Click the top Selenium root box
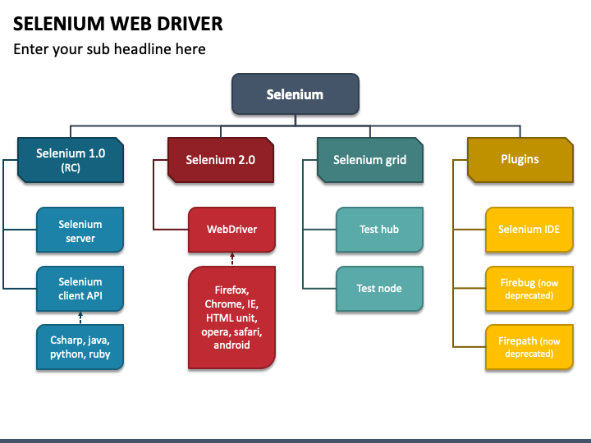295,94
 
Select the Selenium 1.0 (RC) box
71,159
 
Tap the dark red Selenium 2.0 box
220,159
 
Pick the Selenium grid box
369,159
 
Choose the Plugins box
520,159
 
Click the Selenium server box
80,231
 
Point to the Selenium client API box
80,289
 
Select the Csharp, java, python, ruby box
80,347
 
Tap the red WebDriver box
231,229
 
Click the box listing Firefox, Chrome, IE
231,317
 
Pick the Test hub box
379,229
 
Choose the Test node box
379,288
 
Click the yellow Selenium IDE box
529,229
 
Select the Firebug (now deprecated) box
529,289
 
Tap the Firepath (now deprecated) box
529,347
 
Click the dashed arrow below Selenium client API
80,318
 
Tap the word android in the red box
231,345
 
